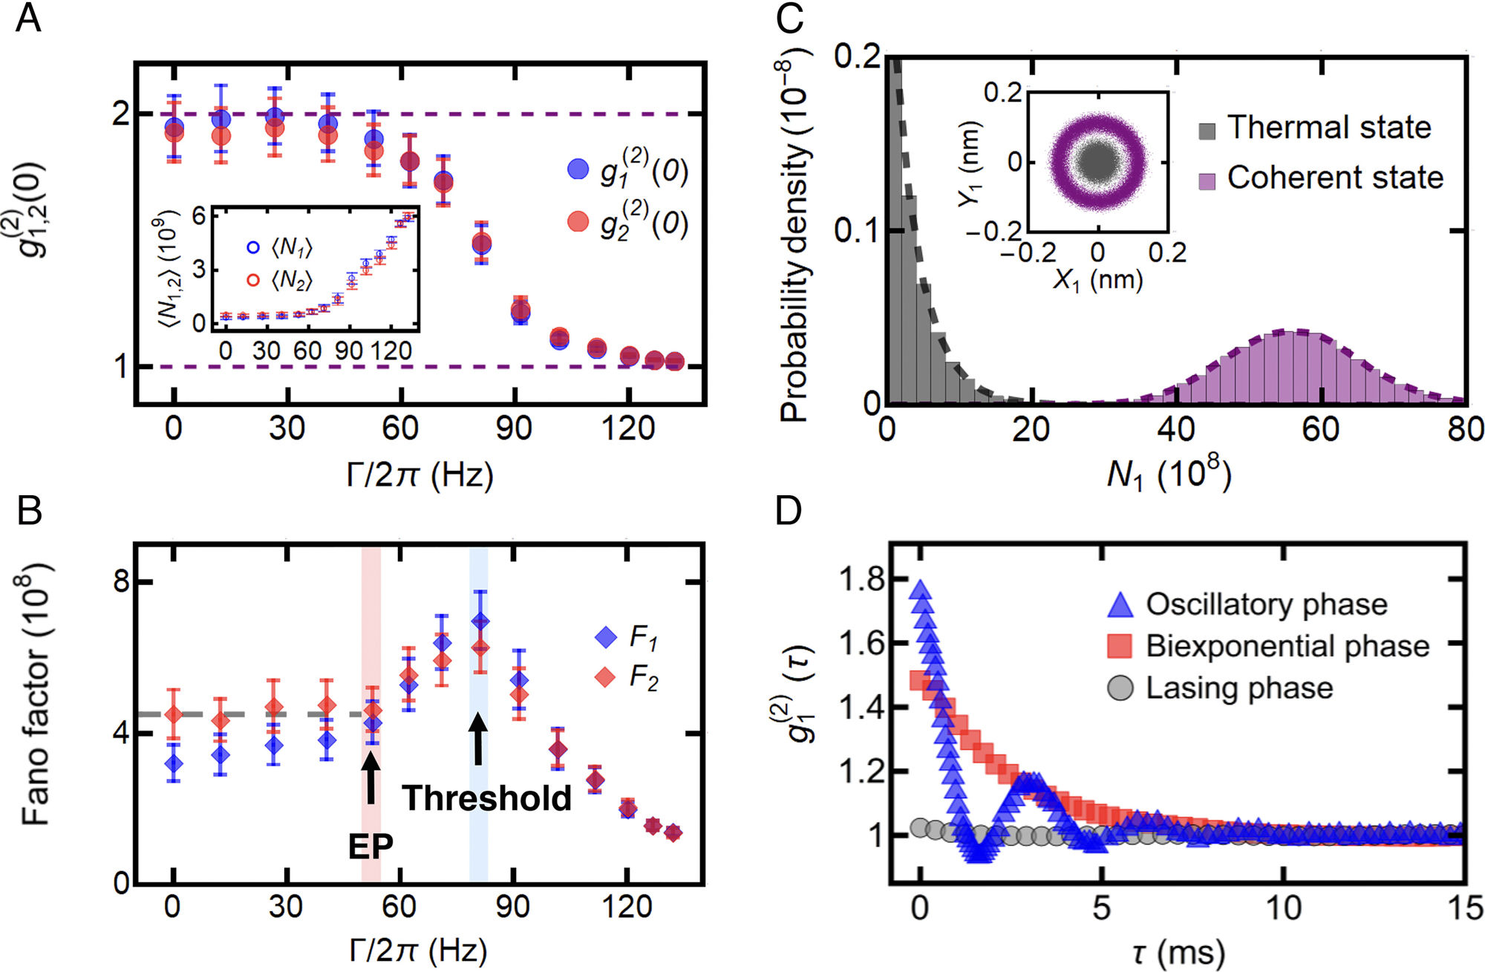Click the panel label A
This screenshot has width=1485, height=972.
pos(28,18)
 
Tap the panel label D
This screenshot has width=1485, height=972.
pos(789,511)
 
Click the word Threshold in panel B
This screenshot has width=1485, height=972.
pos(486,798)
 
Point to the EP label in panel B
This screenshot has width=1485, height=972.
pos(371,846)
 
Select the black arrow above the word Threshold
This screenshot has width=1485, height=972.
pos(479,738)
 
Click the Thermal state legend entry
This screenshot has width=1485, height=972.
pos(1328,128)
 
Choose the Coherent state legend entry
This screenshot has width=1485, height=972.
pos(1334,178)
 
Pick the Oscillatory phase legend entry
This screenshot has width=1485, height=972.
pos(1266,604)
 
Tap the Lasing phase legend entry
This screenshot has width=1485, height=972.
pos(1238,688)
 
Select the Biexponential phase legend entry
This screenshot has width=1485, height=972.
pos(1287,646)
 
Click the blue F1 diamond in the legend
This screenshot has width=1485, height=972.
pos(607,636)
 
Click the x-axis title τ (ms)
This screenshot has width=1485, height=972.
pos(1178,952)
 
